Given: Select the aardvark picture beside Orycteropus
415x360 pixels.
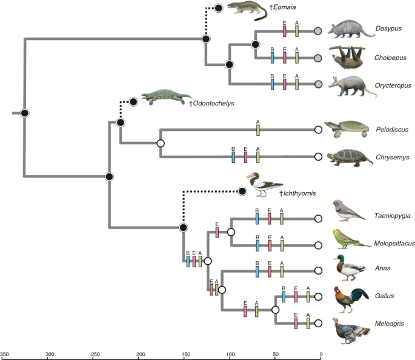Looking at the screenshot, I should (x=349, y=85).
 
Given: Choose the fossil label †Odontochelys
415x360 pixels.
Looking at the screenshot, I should (x=211, y=103).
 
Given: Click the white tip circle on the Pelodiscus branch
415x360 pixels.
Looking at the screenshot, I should (x=318, y=129).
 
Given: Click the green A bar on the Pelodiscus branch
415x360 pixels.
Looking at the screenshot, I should (x=257, y=129).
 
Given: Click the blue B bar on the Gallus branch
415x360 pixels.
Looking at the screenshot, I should (x=284, y=296).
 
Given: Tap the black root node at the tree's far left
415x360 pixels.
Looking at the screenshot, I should (x=24, y=113).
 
